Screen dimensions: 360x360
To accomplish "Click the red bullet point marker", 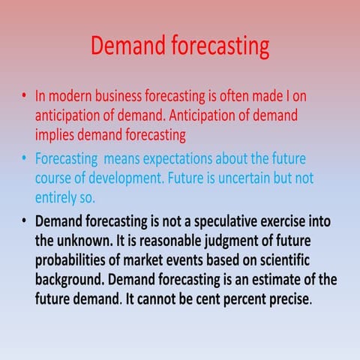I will tap(25, 97).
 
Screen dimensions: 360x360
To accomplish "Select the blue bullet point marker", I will tap(25, 160).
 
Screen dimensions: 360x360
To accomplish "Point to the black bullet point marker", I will tap(25, 223).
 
